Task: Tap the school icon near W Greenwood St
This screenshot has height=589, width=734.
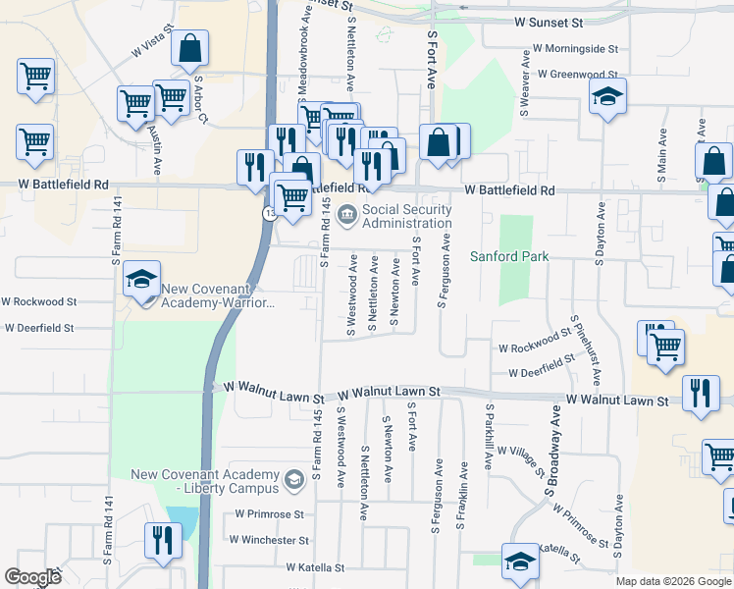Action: [x=607, y=96]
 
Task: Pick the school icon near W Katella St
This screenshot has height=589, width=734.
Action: [x=520, y=561]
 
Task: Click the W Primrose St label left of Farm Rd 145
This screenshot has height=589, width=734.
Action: [x=265, y=513]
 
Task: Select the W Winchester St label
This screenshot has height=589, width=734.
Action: [x=269, y=540]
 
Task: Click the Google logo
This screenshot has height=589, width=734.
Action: [x=32, y=577]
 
